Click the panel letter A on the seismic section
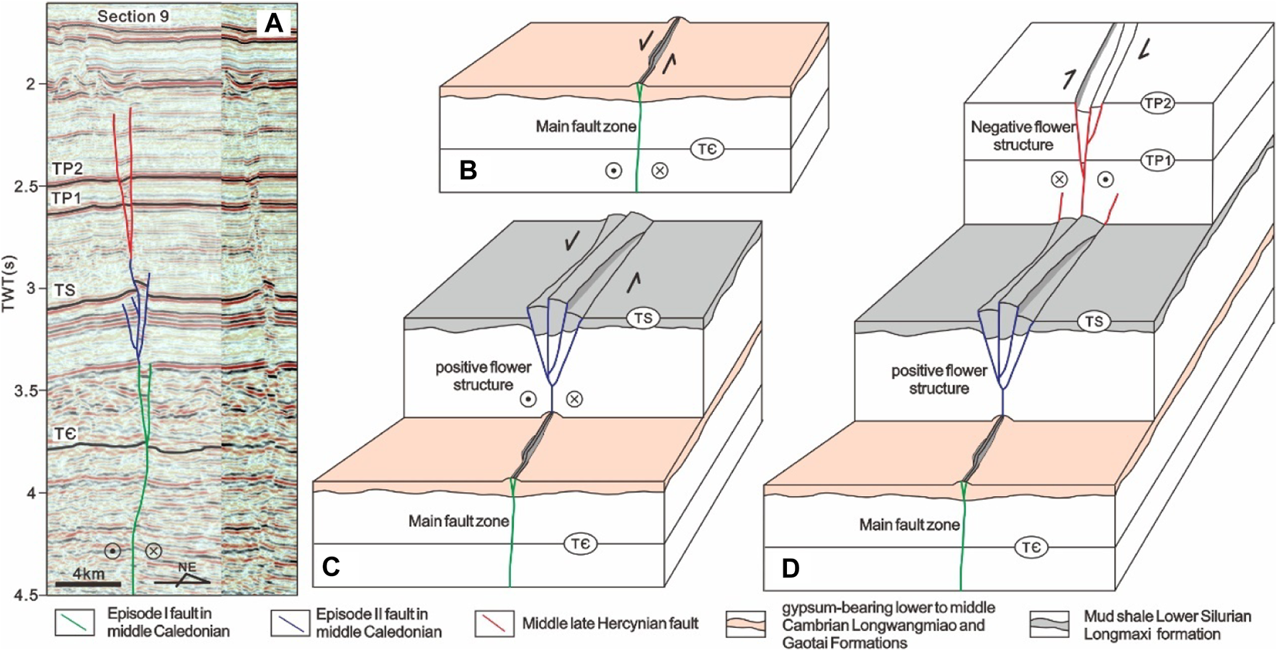274,23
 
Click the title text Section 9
133,16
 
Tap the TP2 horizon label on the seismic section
67,169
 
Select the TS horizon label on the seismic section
64,289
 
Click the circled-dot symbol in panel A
112,551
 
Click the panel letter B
468,170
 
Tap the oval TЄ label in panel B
707,149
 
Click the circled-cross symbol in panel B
659,171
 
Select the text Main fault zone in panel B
585,127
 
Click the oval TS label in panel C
643,318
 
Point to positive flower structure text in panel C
483,376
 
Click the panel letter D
791,568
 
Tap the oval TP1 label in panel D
1157,161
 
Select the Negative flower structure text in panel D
1023,135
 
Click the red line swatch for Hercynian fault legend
494,624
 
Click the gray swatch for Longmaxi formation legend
1049,624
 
